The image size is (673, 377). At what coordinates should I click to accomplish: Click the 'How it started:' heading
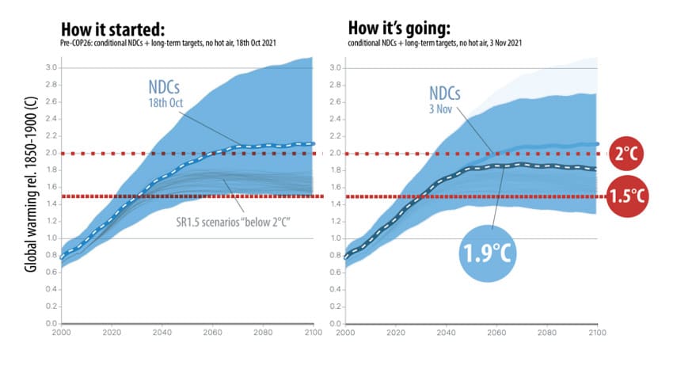coord(114,29)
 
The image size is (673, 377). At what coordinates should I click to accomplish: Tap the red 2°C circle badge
coord(628,154)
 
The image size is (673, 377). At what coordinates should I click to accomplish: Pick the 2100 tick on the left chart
coord(313,333)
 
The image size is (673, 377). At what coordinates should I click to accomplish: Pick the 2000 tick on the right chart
coord(346,333)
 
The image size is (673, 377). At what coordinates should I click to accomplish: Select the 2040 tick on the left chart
coord(163,333)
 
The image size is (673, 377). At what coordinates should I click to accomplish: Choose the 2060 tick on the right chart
coord(496,333)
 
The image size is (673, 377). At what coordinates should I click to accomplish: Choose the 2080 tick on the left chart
coord(263,333)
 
